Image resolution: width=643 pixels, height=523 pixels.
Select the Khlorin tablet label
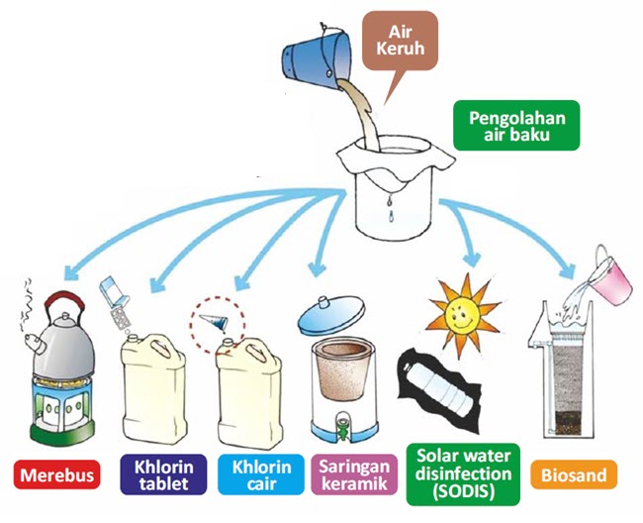[x=162, y=473]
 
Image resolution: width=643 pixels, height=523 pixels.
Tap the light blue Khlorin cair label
[x=262, y=473]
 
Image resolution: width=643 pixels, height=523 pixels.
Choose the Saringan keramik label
[x=354, y=473]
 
